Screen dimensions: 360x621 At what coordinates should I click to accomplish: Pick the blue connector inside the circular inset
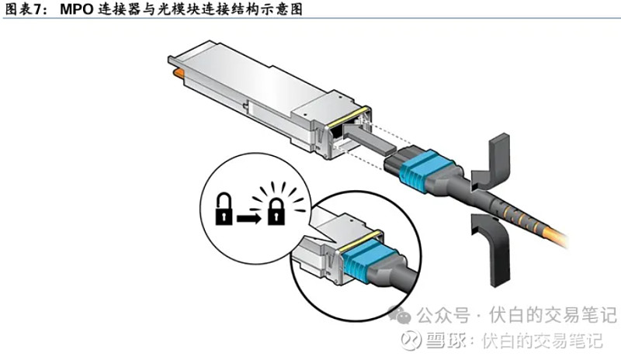tap(360, 257)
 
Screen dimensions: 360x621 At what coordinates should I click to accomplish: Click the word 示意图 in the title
tap(279, 9)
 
